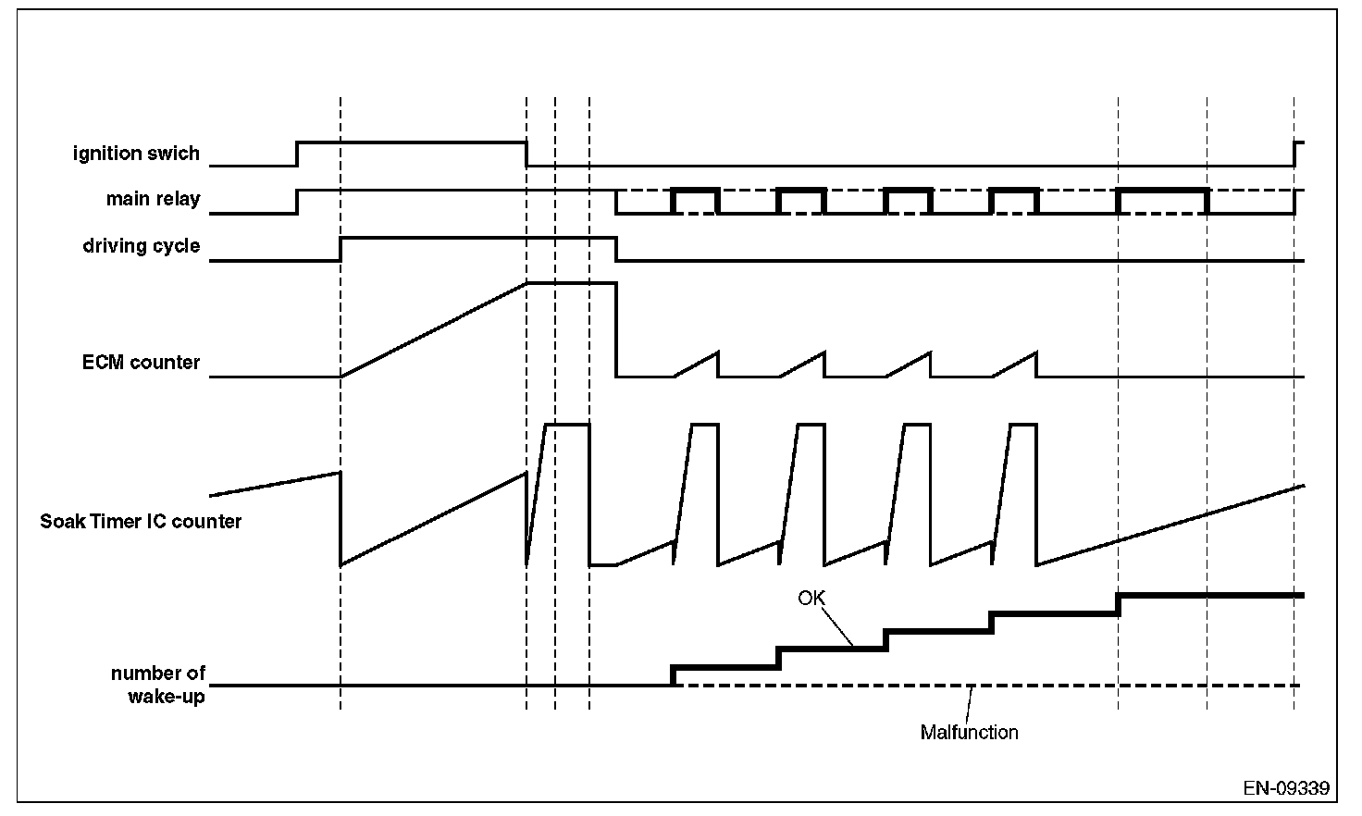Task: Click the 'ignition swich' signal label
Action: coord(136,154)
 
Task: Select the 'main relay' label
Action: coord(153,199)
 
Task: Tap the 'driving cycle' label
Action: coord(141,246)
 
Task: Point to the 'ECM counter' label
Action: coord(141,363)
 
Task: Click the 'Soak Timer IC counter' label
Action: coord(141,522)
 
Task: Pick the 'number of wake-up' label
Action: coord(158,685)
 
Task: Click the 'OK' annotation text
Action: coord(811,599)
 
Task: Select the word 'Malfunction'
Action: coord(969,733)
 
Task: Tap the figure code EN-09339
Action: coord(1286,789)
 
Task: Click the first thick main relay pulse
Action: coord(696,190)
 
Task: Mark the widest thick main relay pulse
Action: coord(1162,190)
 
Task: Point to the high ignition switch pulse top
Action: coord(412,142)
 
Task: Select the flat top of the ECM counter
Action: coord(571,283)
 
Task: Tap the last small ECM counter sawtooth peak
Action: coord(1034,353)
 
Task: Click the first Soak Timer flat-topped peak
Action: coord(567,425)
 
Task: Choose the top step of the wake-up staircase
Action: coord(1210,595)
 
